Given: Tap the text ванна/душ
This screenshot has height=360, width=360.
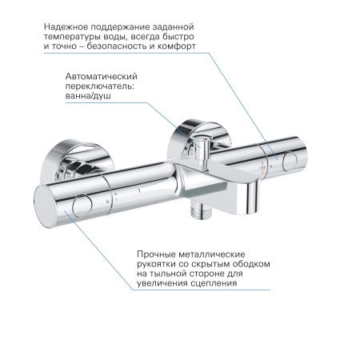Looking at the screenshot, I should [x=88, y=97].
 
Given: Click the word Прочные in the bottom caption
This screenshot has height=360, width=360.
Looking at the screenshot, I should [x=158, y=252].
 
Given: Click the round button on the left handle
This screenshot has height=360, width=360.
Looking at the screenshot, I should [x=82, y=207].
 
